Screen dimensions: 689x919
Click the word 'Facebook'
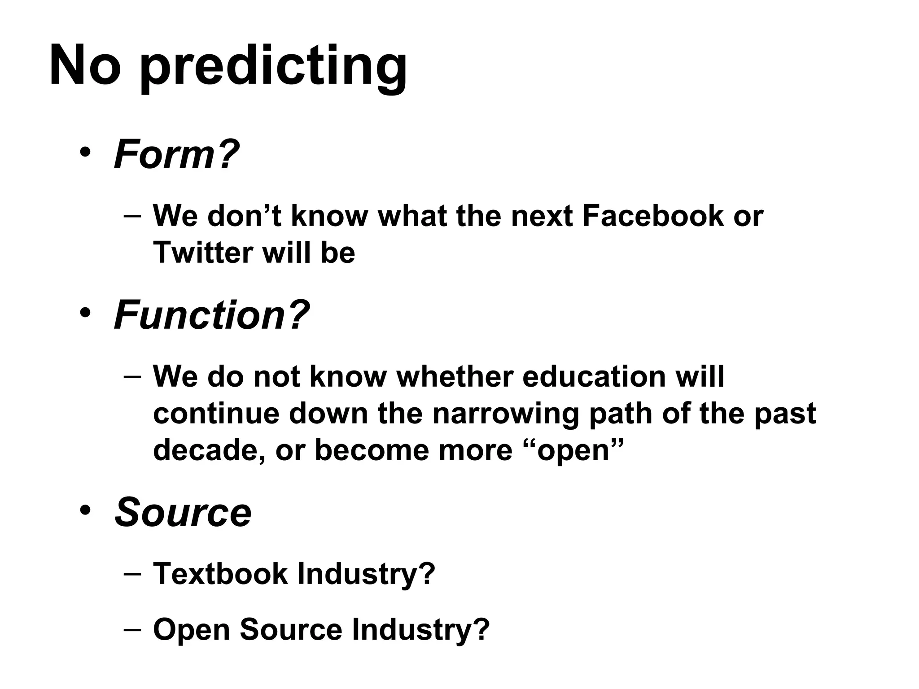point(653,216)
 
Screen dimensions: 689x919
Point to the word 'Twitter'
point(203,252)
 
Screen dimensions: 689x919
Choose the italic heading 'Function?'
point(212,315)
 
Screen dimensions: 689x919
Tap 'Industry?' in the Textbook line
point(366,574)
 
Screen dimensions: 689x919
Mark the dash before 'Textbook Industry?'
point(132,574)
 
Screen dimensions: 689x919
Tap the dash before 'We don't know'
point(132,216)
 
